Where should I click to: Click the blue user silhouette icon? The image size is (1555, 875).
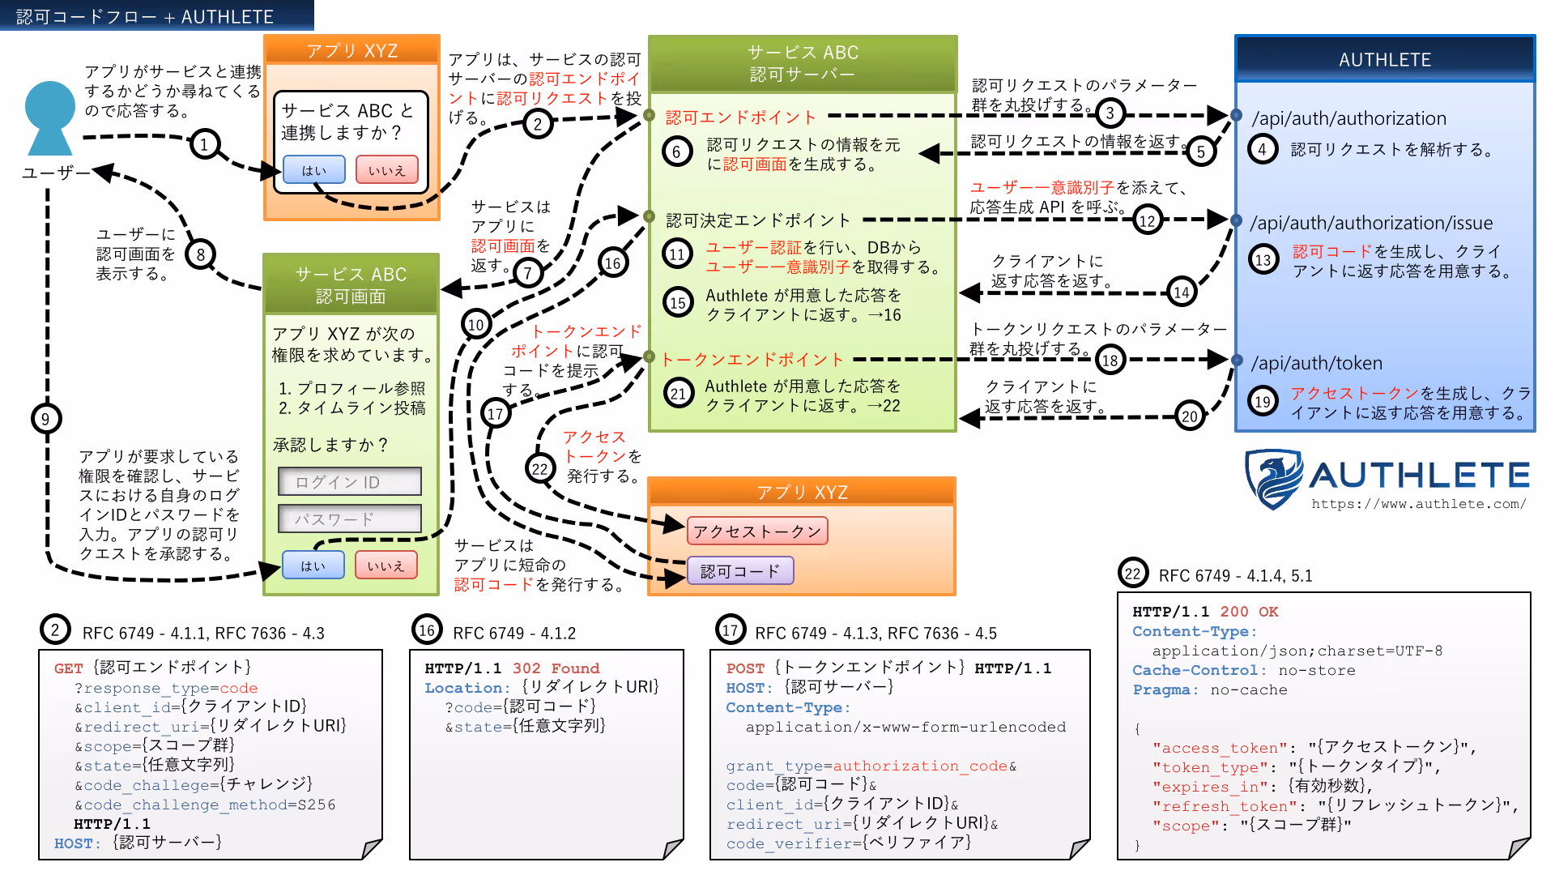50,118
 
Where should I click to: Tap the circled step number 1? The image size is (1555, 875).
205,145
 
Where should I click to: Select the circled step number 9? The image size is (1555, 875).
45,419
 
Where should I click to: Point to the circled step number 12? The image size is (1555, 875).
1147,220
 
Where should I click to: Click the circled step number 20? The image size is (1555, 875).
1189,416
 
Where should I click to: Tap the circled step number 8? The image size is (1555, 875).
200,254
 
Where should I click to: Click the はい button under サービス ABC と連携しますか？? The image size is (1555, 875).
314,170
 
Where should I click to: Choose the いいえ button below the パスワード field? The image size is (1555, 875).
386,566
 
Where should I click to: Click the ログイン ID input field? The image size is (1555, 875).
350,481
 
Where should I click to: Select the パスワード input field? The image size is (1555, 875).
350,519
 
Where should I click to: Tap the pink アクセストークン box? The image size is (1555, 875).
757,531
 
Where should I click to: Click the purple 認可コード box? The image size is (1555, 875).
740,571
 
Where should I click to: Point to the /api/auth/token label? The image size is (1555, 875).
1317,363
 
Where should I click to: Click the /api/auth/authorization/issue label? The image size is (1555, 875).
1371,223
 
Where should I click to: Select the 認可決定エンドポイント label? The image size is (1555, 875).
758,220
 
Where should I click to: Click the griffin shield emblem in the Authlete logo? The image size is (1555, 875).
1274,479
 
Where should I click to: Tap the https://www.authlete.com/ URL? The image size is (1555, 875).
1419,504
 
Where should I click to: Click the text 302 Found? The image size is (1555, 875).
556,668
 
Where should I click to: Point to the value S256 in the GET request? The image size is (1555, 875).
316,805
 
